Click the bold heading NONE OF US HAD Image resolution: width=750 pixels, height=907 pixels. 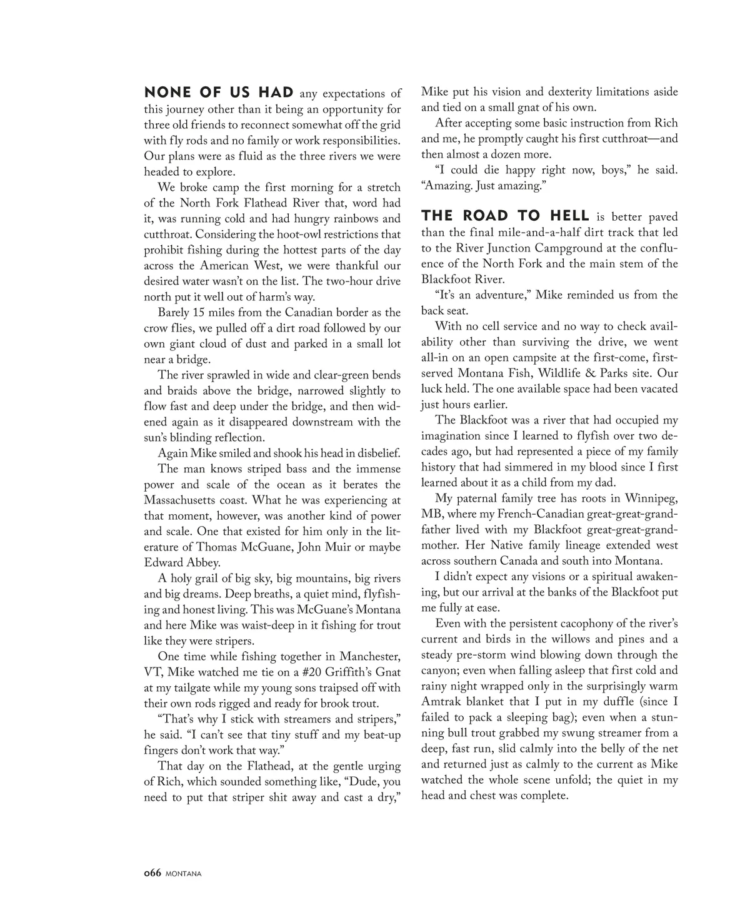[x=219, y=93]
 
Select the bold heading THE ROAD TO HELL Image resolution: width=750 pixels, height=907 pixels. [x=505, y=216]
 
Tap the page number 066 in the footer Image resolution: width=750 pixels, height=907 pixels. [x=152, y=873]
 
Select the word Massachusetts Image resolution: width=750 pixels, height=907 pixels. [x=183, y=500]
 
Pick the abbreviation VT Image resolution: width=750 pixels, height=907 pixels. [x=152, y=672]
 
